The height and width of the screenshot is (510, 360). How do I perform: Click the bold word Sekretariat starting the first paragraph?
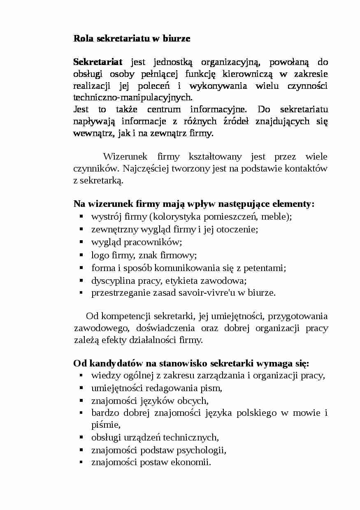click(x=98, y=62)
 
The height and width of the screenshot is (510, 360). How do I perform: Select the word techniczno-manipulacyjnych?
click(x=132, y=98)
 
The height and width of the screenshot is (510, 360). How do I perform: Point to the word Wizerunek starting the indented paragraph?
click(x=122, y=157)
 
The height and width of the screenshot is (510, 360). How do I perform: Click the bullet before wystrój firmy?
click(x=81, y=216)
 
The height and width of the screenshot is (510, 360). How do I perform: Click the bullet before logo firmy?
click(x=81, y=255)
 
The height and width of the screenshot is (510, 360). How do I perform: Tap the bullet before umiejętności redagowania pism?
click(x=81, y=388)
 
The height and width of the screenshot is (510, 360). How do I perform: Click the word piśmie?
click(x=105, y=425)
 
